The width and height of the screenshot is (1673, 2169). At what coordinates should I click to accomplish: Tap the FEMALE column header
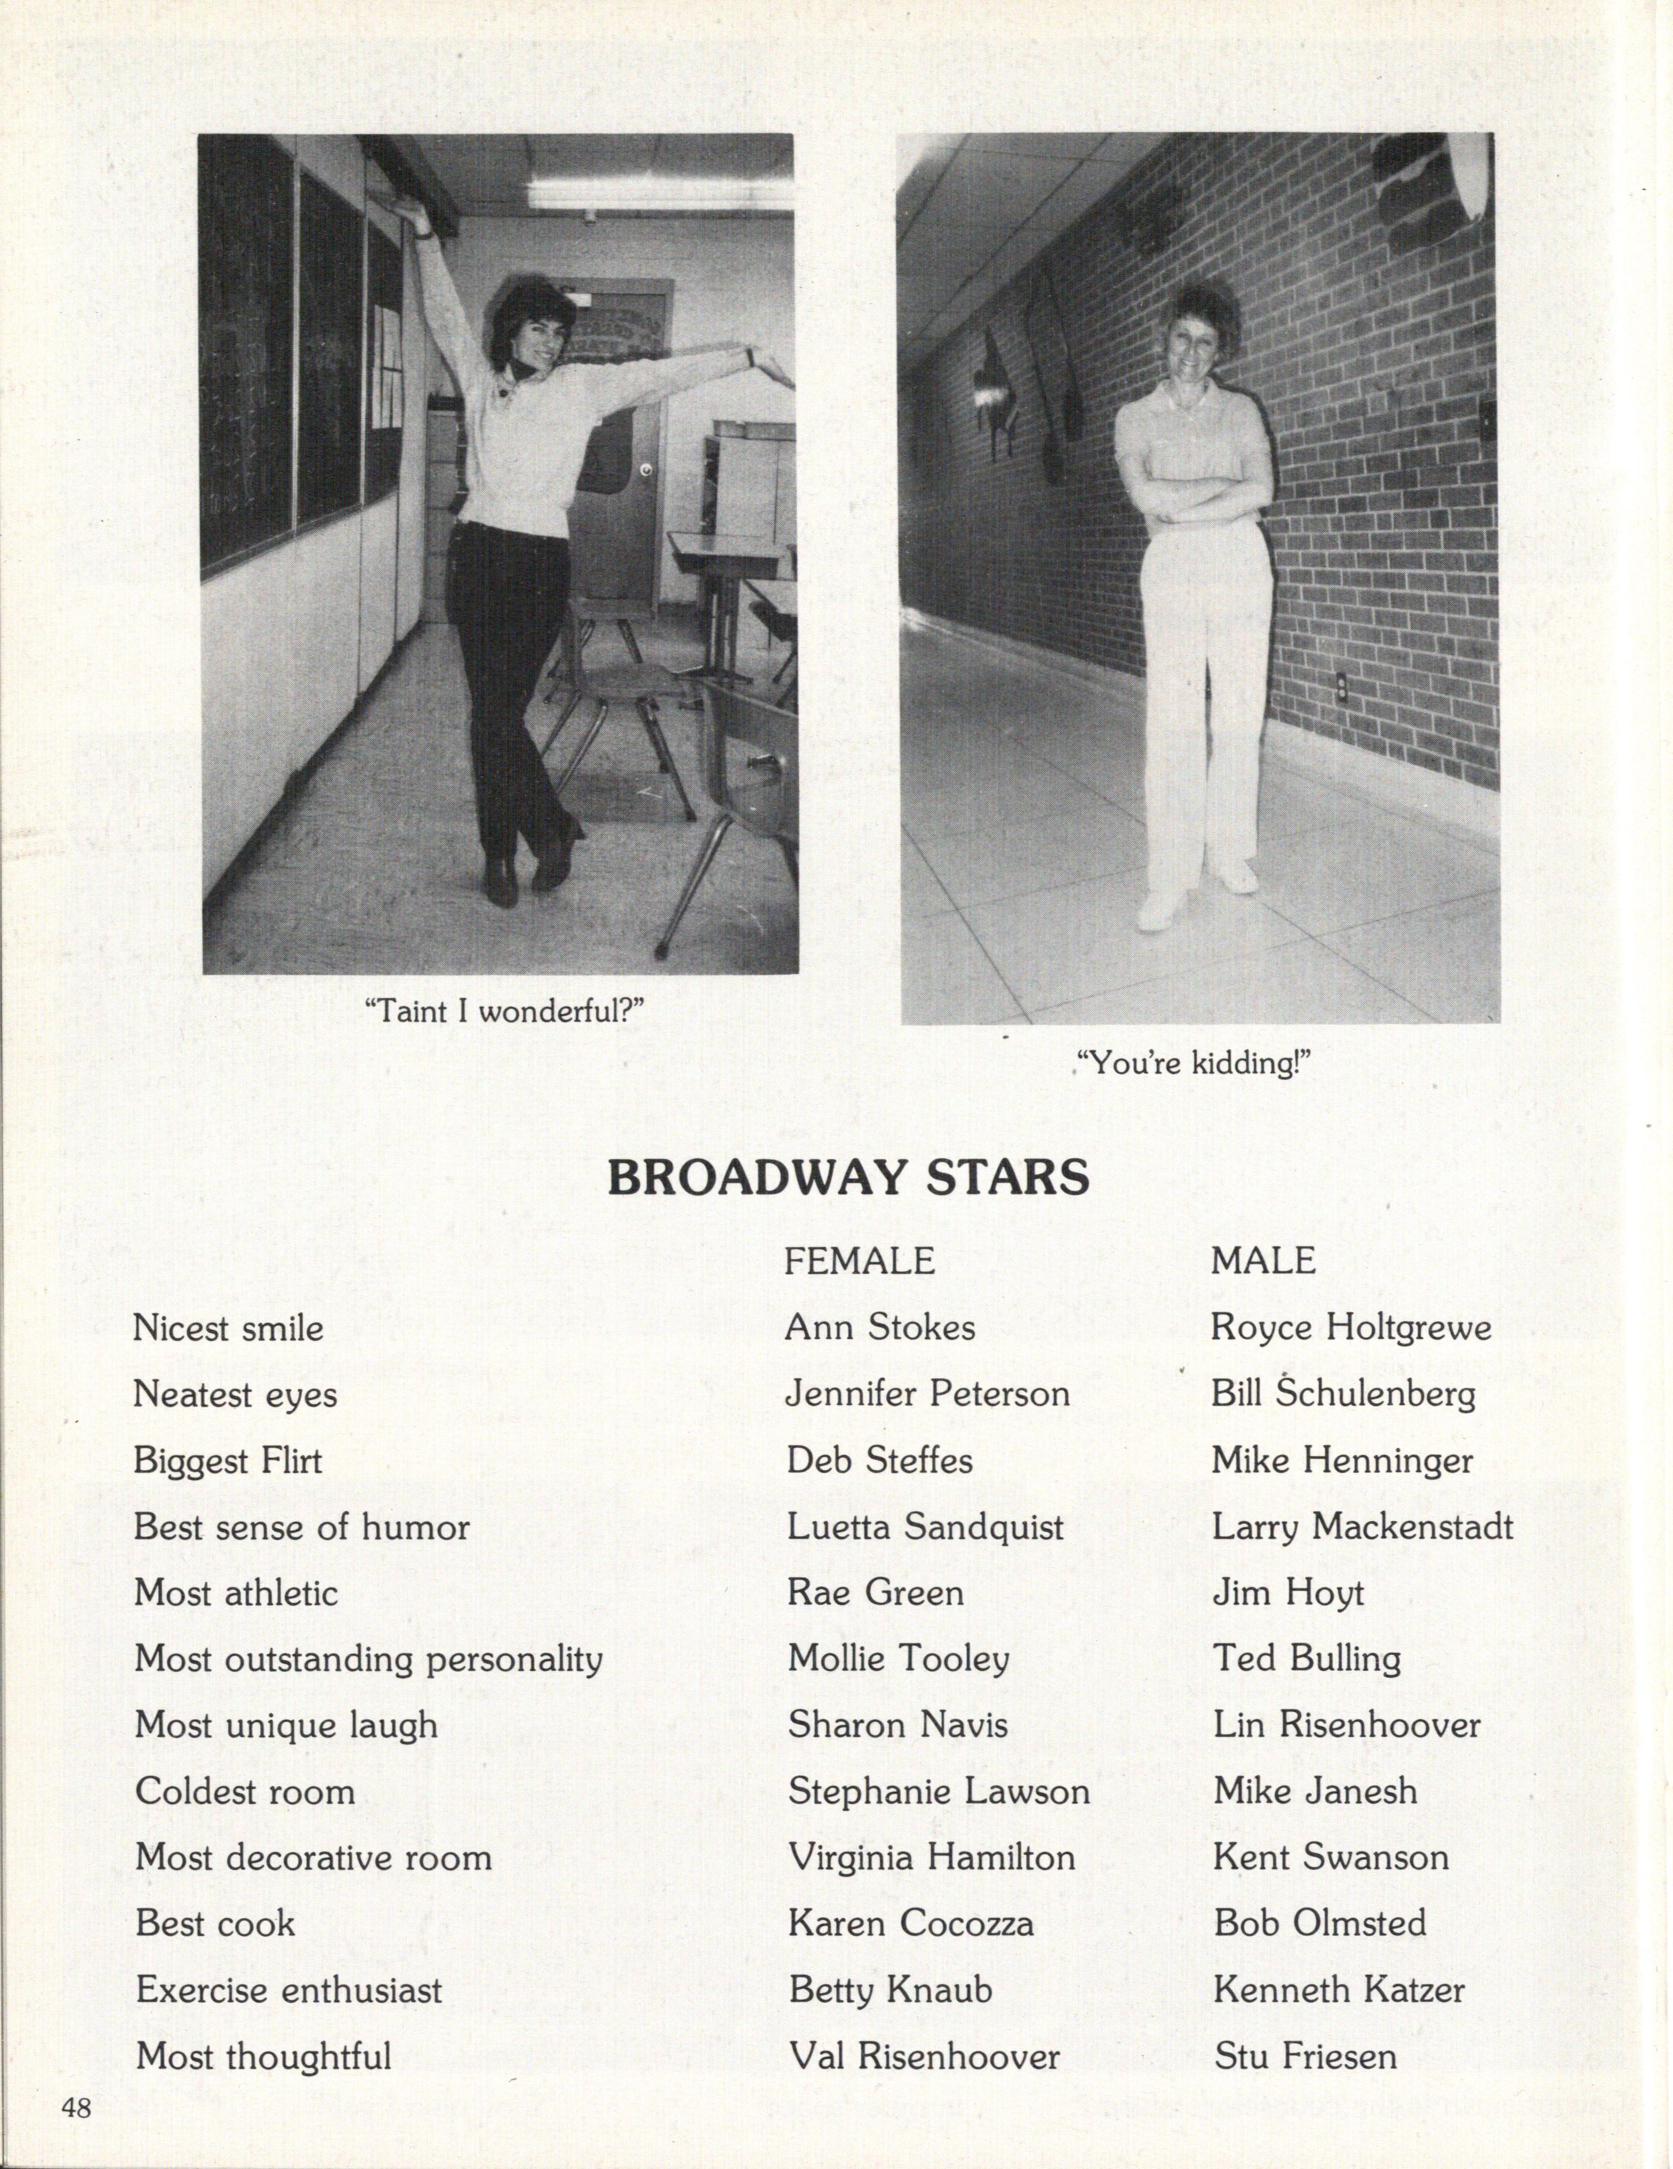(x=859, y=1261)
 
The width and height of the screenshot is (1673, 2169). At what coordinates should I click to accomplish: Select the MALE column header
(x=1263, y=1261)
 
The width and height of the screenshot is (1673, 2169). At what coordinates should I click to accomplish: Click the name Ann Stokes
(x=880, y=1328)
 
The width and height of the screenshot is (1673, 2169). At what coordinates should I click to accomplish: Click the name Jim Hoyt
(x=1287, y=1593)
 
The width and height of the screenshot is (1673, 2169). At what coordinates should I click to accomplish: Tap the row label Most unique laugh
(x=286, y=1725)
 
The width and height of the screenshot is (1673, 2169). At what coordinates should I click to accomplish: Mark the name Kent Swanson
(x=1330, y=1857)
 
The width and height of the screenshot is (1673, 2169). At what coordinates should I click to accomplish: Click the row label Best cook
(x=216, y=1923)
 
